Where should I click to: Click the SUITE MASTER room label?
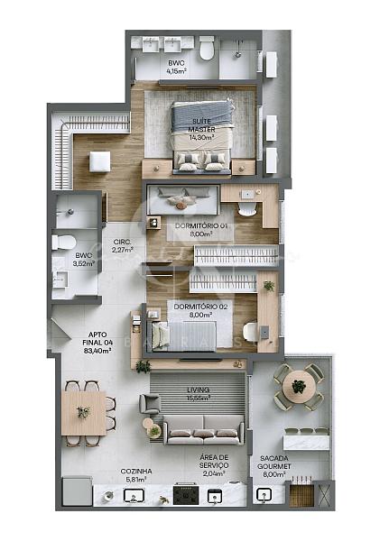pyautogui.click(x=201, y=127)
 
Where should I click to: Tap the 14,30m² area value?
pyautogui.click(x=201, y=139)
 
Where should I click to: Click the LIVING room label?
pyautogui.click(x=197, y=390)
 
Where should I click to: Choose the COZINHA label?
pyautogui.click(x=136, y=472)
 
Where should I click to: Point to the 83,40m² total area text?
pyautogui.click(x=97, y=351)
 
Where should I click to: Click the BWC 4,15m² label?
pyautogui.click(x=177, y=66)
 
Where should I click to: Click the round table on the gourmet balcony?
pyautogui.click(x=298, y=387)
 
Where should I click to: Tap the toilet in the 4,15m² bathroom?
pyautogui.click(x=207, y=49)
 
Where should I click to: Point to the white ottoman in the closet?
pyautogui.click(x=98, y=161)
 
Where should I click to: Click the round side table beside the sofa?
pyautogui.click(x=154, y=431)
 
